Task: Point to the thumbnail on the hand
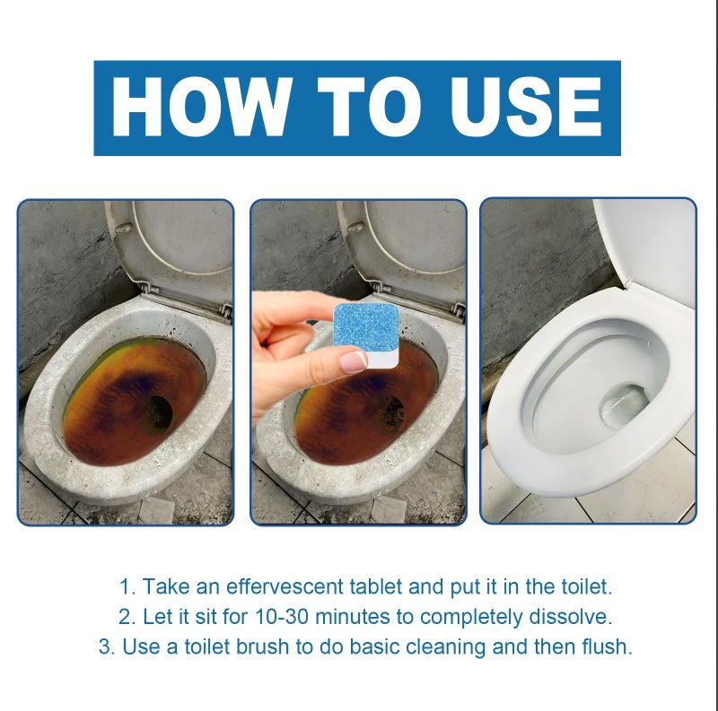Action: tap(353, 362)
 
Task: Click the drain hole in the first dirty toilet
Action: tap(158, 412)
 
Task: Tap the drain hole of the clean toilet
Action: tap(622, 404)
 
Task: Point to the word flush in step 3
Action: tap(607, 646)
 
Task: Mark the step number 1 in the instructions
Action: tap(126, 587)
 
